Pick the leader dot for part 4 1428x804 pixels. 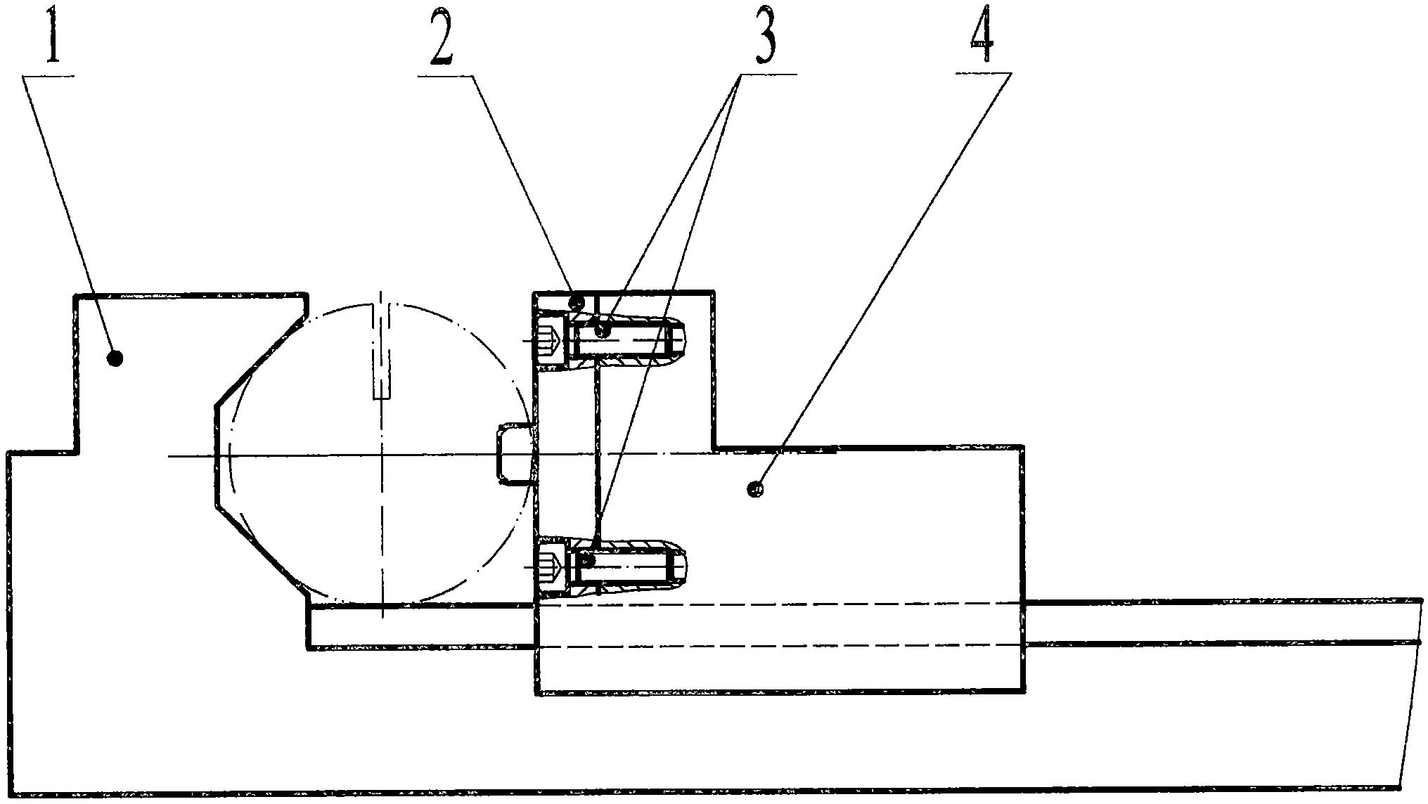(757, 488)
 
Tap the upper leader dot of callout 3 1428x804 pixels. (602, 329)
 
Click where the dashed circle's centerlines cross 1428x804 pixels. (382, 457)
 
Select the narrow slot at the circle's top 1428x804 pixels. (382, 351)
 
